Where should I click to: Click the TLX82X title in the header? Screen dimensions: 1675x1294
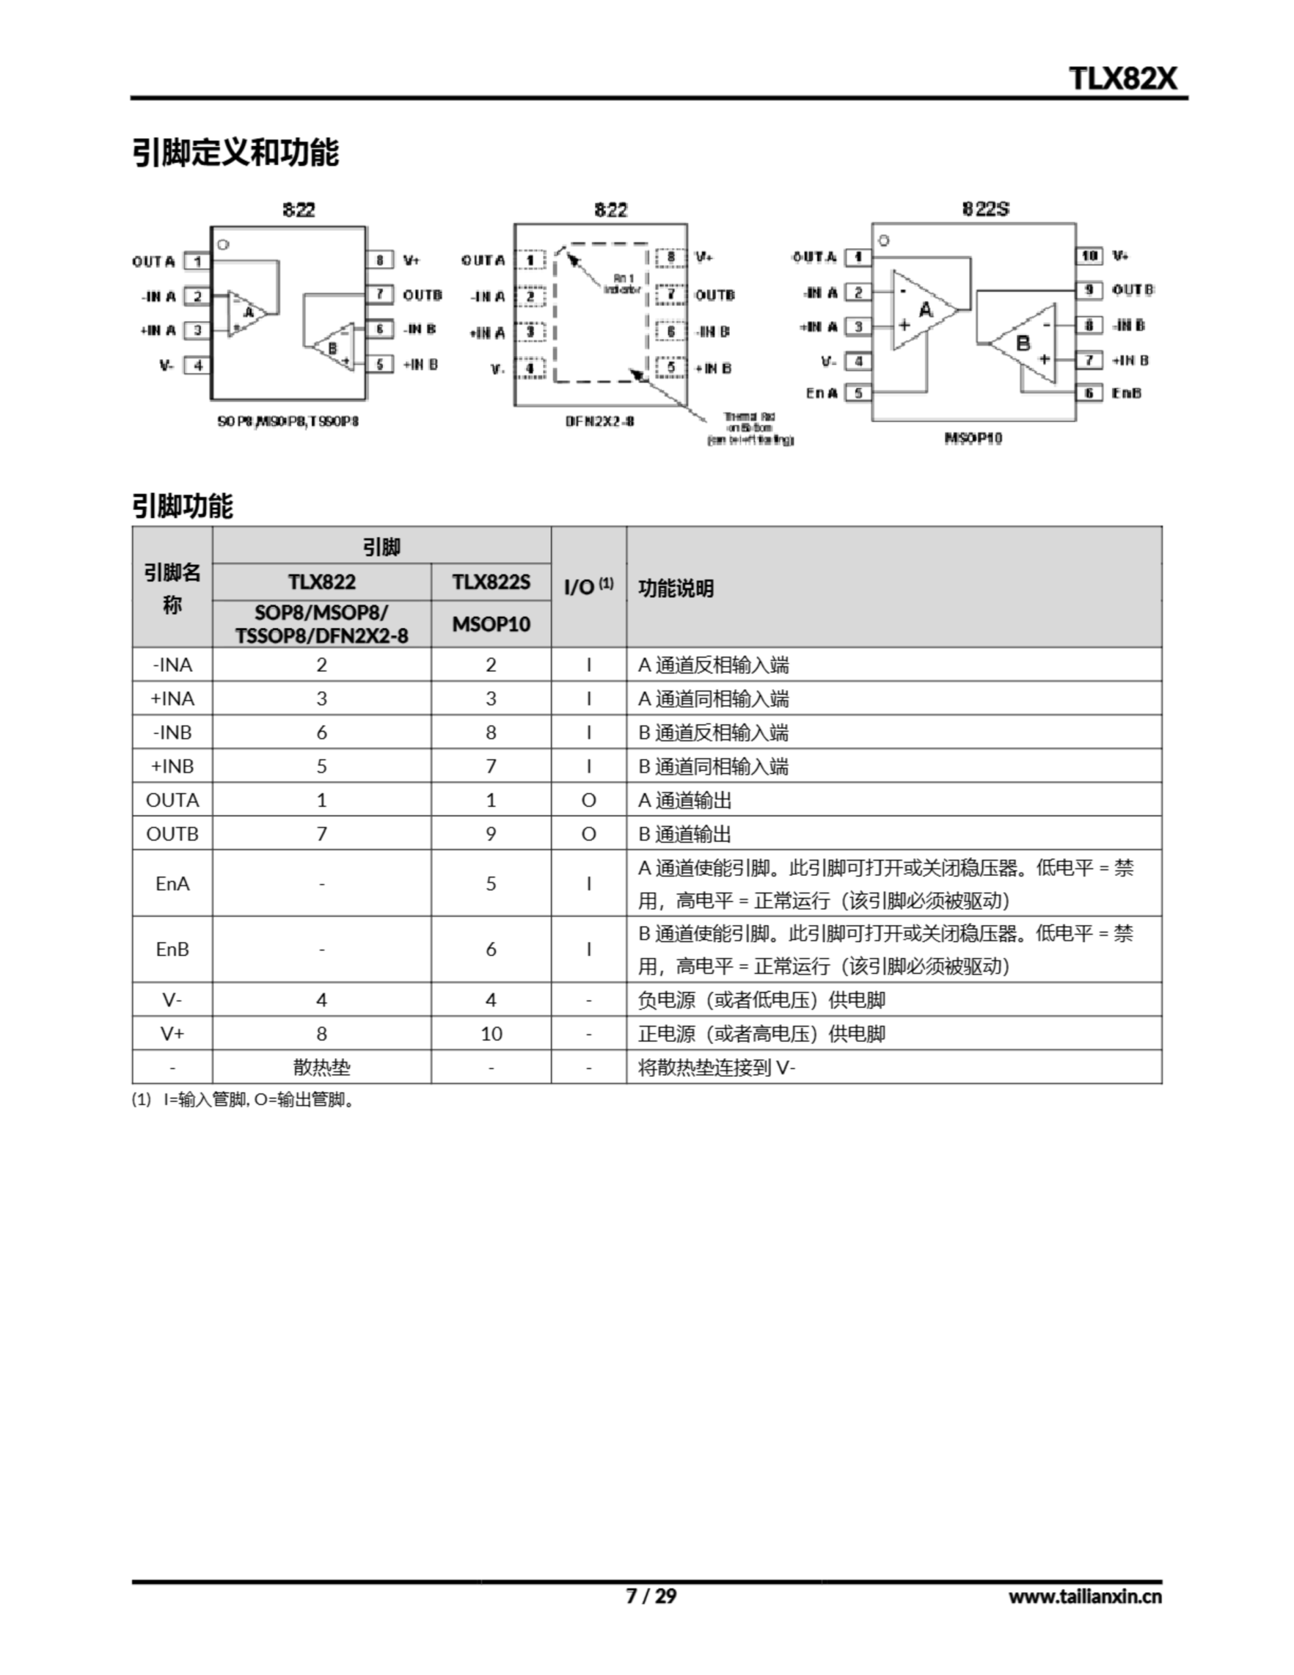pos(1122,79)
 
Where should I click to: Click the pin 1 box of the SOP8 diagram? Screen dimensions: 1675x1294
pos(197,262)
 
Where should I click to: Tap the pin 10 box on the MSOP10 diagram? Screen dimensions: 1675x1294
pos(1089,255)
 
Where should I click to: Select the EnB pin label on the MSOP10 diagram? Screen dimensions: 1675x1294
pos(1126,393)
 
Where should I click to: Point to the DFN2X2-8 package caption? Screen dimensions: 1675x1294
pos(600,421)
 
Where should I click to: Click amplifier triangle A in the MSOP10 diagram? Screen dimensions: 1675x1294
pos(924,310)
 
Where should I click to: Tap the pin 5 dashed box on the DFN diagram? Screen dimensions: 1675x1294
pos(671,367)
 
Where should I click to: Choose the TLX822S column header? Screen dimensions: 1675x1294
pos(491,582)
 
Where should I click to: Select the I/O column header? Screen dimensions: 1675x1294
pos(588,587)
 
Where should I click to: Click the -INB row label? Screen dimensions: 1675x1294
pos(173,732)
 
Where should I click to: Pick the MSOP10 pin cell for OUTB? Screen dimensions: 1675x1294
pos(491,834)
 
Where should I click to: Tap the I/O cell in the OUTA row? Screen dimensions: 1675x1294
pos(588,800)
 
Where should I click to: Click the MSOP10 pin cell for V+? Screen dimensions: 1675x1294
pos(491,1034)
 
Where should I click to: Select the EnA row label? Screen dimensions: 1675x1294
pos(173,883)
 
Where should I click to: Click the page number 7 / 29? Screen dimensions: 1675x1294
pos(651,1596)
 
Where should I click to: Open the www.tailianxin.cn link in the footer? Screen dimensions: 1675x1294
pos(1085,1596)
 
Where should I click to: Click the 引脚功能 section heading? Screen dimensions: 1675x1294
pos(183,506)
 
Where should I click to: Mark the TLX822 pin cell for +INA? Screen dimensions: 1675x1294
pos(321,699)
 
